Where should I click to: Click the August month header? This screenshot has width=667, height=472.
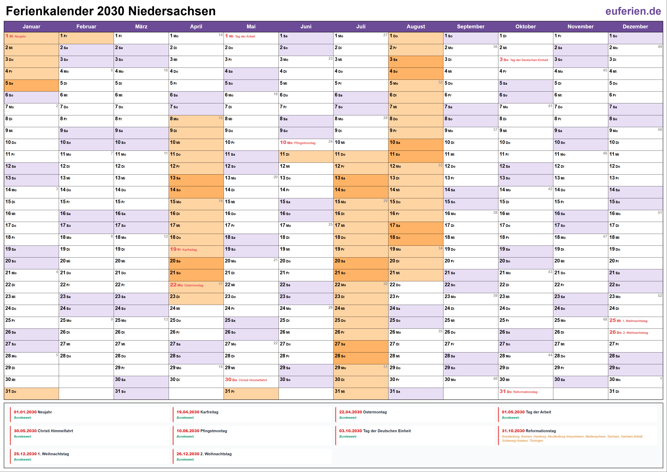pyautogui.click(x=415, y=26)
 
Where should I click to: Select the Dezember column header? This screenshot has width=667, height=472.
pyautogui.click(x=635, y=26)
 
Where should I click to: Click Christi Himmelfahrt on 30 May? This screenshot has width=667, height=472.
pyautogui.click(x=253, y=380)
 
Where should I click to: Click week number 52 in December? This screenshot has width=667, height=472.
pyautogui.click(x=660, y=295)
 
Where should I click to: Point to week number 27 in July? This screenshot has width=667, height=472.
pyautogui.click(x=385, y=35)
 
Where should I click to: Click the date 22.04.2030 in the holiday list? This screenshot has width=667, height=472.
pyautogui.click(x=350, y=412)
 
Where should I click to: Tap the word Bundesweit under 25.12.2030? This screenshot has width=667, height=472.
pyautogui.click(x=23, y=459)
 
